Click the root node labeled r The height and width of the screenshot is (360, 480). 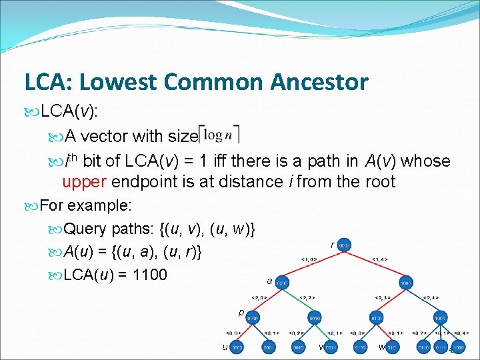[344, 246]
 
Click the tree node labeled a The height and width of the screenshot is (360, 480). [282, 283]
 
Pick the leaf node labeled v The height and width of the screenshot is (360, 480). [330, 347]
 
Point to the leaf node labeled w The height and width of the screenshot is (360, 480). [391, 347]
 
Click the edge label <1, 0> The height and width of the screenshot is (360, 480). [308, 259]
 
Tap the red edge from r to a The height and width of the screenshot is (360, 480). [313, 264]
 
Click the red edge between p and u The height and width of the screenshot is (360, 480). [245, 333]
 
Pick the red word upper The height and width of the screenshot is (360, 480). [85, 181]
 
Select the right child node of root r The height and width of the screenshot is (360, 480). [405, 283]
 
